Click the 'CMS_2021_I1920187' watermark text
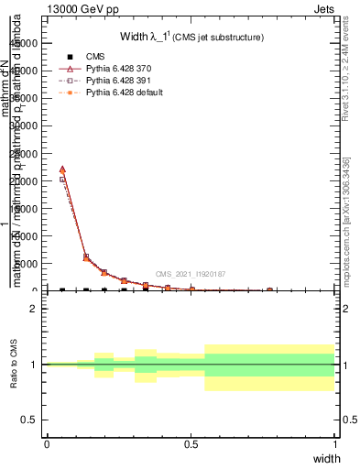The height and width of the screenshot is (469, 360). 191,274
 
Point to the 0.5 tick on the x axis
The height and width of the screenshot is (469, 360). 191,443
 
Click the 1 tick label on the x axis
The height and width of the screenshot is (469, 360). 335,443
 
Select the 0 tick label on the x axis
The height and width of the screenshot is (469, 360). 47,443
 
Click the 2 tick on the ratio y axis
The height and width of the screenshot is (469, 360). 34,309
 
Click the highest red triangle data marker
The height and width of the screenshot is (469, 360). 62,169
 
